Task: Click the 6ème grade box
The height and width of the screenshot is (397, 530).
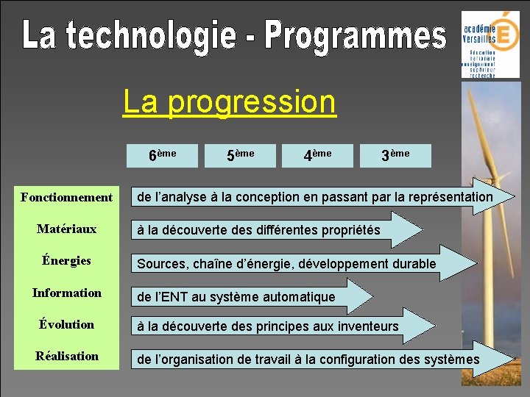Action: coord(163,155)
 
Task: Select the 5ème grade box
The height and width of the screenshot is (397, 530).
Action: coord(241,155)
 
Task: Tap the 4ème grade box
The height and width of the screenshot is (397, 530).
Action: coord(318,155)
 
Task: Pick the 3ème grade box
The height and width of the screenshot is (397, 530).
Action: coord(395,155)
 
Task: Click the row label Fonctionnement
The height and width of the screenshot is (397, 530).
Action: coord(67,197)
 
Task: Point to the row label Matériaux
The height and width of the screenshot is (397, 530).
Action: coord(67,229)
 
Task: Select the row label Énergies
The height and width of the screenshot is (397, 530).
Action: coord(67,260)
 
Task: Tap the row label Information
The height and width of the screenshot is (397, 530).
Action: coord(67,293)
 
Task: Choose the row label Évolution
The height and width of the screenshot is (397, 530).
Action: coord(67,324)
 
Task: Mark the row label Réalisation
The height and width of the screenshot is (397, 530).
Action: coord(67,356)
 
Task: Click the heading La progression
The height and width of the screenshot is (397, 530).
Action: coord(230,101)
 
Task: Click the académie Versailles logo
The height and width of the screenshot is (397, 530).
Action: coord(490,44)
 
